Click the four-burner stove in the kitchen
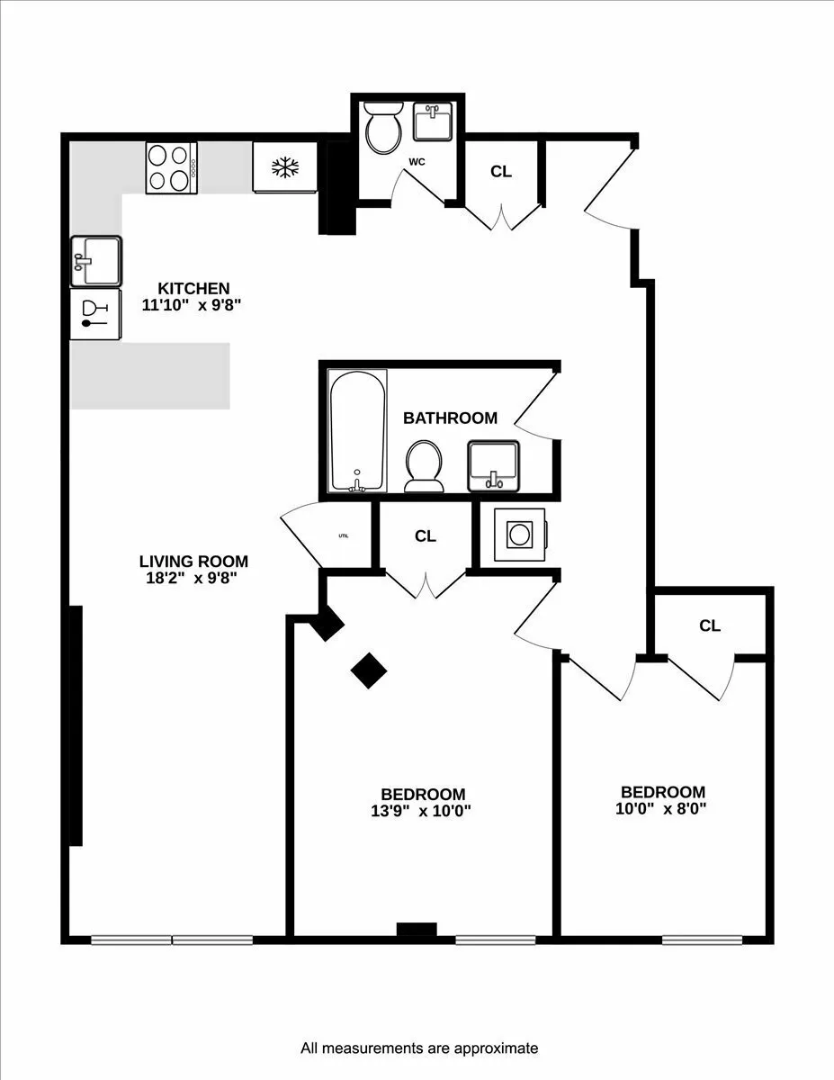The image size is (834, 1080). pos(171,167)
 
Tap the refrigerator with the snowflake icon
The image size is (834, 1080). pos(285,167)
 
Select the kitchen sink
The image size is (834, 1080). pos(95,261)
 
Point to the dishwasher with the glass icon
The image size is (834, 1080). pos(95,314)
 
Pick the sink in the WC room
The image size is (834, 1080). pos(432,121)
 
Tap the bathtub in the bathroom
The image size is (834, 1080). pos(357,430)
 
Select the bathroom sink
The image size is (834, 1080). pos(493,464)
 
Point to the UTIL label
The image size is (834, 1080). pos(344,535)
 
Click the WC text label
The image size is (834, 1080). pos(417,163)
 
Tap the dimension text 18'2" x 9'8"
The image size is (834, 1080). pos(193,579)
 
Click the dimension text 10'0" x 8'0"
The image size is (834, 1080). pos(662,808)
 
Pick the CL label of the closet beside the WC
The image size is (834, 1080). pos(501,171)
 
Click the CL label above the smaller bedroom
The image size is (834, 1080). pos(710,625)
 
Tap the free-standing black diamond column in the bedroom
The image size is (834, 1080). pos(369,670)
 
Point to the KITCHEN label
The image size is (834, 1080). pos(193,289)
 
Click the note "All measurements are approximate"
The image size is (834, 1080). pos(418,1048)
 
